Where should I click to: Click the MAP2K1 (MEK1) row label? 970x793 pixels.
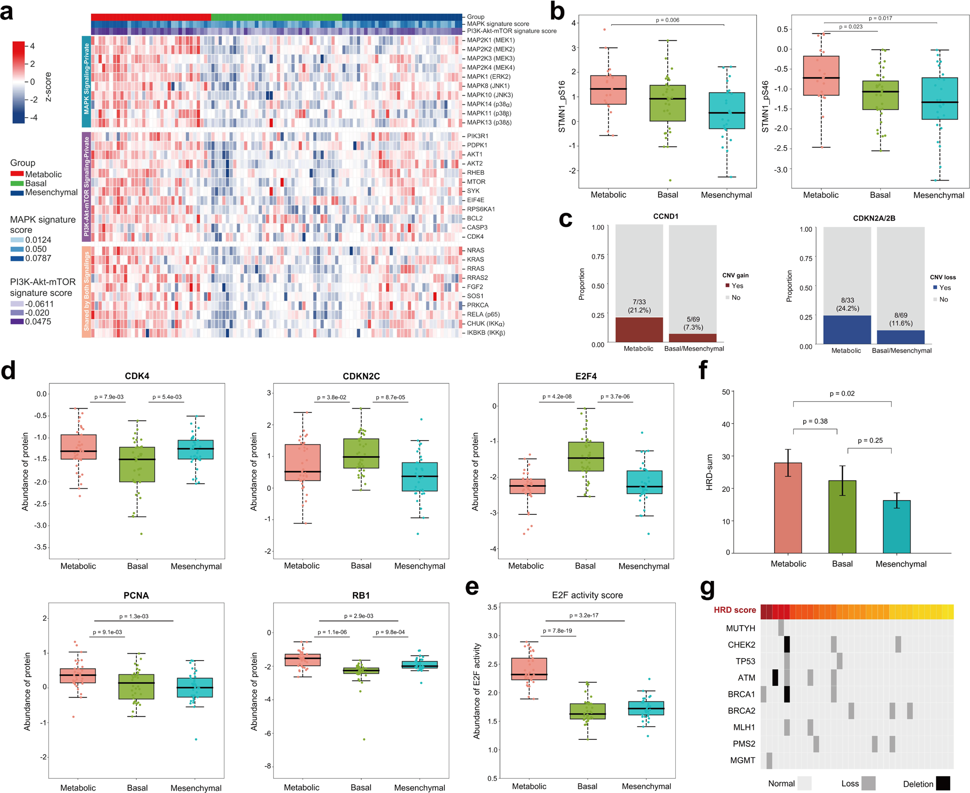point(490,40)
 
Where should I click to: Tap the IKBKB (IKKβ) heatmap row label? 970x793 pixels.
point(486,333)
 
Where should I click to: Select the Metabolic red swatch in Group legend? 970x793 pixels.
point(17,174)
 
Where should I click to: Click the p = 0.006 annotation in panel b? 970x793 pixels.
point(667,20)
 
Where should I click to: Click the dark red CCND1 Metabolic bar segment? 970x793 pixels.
point(639,329)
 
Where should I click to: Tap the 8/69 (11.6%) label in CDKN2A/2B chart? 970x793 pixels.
point(901,319)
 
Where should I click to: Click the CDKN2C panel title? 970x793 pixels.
point(361,377)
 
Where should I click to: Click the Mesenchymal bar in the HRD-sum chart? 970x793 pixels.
point(896,526)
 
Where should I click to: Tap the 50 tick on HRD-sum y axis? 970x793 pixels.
point(725,392)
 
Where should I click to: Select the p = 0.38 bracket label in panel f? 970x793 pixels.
point(815,421)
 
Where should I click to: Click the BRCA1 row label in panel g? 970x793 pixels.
point(741,694)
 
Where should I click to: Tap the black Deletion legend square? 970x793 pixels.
point(942,783)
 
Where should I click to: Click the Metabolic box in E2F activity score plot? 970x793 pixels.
point(529,668)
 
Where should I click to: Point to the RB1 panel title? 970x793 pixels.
point(361,596)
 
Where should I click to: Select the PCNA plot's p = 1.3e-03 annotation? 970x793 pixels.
point(133,616)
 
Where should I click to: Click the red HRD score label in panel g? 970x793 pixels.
point(734,610)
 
